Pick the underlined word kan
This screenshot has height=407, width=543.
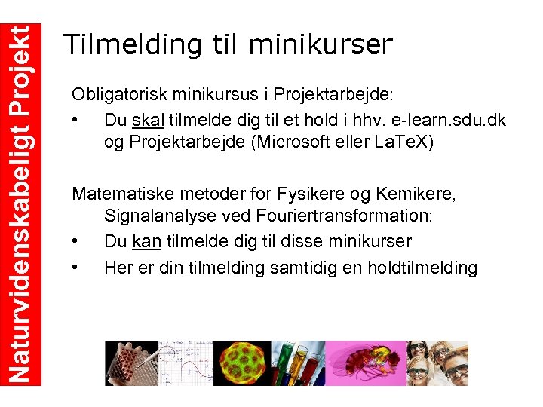[147, 242]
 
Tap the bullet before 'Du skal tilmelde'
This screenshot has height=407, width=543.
[75, 121]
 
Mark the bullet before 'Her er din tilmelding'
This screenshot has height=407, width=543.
[75, 268]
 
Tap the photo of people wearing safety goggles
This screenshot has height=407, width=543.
[437, 363]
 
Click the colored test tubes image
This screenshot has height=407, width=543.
[301, 363]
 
